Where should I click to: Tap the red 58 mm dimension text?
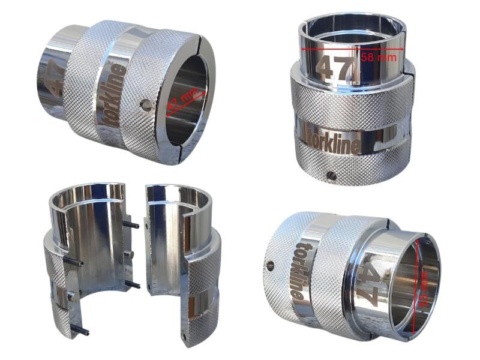380,57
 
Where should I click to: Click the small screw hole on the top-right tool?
330,175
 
